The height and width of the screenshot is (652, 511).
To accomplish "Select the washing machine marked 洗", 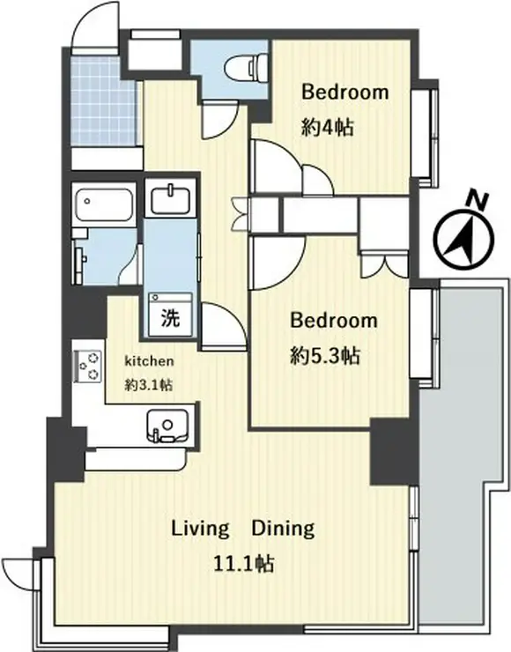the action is click(170, 315).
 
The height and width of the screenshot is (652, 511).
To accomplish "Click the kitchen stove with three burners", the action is click(89, 366).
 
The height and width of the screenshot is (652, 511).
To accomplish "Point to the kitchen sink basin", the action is click(167, 426).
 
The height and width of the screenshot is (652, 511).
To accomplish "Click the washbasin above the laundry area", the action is click(170, 199).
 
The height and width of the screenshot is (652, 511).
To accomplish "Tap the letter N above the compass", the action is click(477, 201).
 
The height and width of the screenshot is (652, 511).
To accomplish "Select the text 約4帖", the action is click(328, 128).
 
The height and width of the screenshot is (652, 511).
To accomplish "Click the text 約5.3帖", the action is click(324, 356).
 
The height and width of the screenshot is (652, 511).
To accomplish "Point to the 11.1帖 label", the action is click(244, 564).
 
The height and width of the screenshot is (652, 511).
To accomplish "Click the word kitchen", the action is click(149, 361).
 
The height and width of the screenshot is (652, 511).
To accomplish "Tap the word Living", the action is click(200, 529).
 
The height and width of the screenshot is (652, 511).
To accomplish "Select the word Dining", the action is click(283, 529).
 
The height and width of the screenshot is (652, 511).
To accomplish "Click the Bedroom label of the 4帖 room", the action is click(345, 92).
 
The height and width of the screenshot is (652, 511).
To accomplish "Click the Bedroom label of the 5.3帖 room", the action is click(334, 321).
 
